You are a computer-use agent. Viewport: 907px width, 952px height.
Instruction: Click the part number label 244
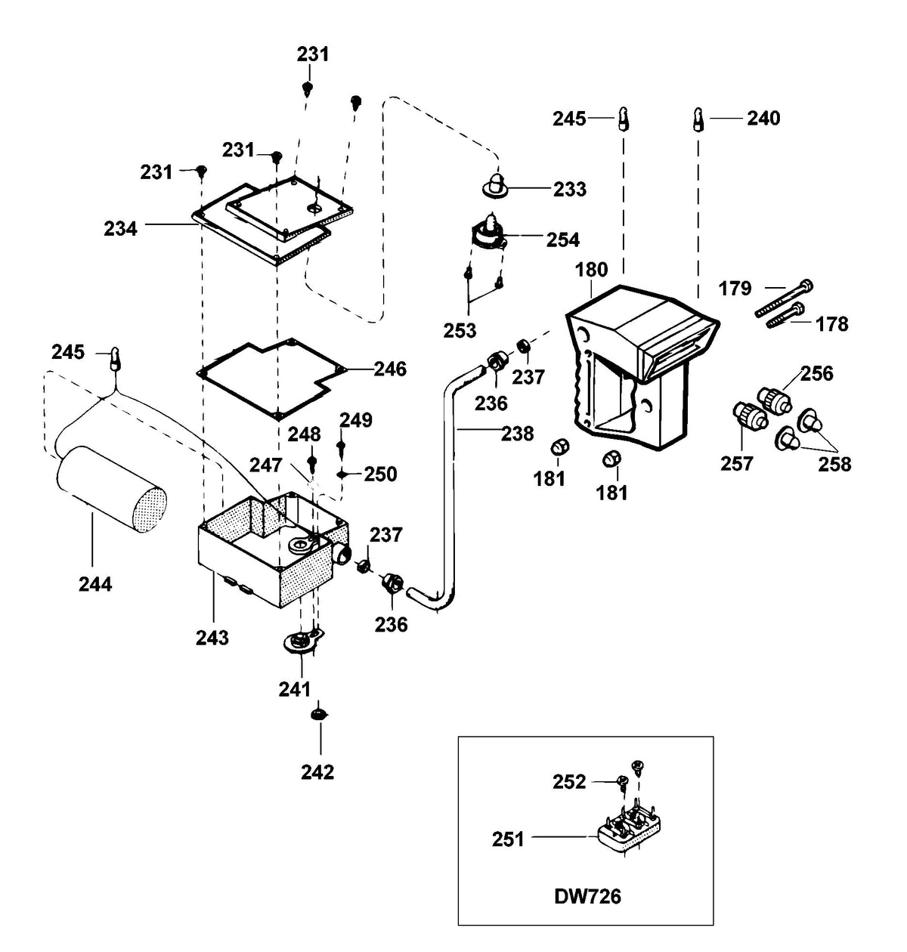95,584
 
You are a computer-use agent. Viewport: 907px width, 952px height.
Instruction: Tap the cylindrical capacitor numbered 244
111,489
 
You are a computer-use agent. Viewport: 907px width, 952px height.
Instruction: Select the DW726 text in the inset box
587,882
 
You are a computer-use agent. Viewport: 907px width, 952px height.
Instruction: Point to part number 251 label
508,839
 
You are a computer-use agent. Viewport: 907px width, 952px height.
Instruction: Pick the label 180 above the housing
591,270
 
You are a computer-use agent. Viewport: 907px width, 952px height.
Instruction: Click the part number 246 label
390,369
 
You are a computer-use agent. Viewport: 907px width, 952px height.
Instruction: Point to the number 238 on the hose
518,434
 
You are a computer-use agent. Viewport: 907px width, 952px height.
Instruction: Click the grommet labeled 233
495,184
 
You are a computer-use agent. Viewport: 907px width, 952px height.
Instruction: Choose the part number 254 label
563,240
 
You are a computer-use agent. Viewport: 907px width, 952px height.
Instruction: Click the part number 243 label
212,638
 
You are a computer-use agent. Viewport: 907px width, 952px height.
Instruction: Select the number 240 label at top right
763,118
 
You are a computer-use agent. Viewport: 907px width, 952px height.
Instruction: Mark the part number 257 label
736,463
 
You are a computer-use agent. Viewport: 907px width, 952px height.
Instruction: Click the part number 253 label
460,331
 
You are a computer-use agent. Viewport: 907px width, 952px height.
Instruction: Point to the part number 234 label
120,229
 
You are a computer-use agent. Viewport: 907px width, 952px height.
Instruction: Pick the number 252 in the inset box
569,781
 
